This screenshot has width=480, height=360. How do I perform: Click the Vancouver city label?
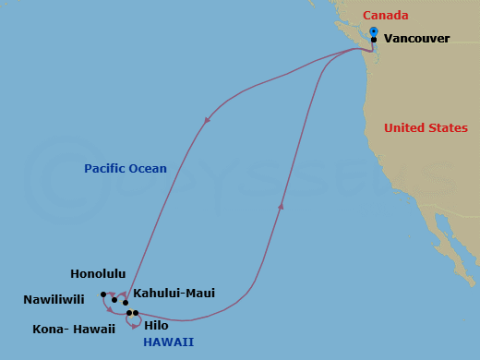416,39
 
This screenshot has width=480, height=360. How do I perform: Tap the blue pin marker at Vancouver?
373,32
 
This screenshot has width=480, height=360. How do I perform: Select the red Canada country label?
385,16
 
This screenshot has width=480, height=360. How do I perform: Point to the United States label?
426,128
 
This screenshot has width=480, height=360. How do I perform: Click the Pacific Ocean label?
126,169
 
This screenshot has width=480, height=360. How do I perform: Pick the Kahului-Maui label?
174,294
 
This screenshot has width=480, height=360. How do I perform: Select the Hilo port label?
157,325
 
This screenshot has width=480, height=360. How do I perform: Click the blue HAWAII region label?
168,342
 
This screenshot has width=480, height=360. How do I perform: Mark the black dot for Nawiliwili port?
103,295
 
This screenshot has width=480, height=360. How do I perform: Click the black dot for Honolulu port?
114,300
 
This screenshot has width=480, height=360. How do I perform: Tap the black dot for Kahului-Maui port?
126,302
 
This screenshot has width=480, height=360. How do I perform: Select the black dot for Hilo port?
136,313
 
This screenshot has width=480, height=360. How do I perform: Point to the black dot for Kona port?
129,313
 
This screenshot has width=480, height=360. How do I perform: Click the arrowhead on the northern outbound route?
207,119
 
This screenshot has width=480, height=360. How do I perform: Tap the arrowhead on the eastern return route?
281,206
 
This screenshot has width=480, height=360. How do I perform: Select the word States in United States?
447,128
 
